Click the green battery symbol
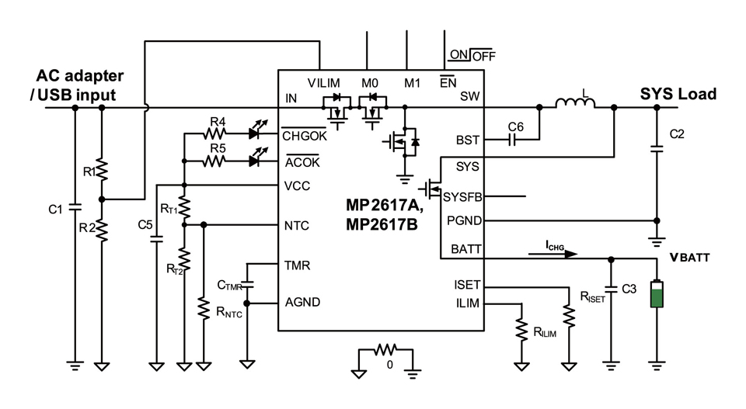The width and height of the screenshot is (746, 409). point(657,296)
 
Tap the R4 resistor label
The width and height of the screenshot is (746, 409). point(218,121)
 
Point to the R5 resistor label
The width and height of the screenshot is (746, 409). point(218,147)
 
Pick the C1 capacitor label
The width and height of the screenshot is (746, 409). point(55,209)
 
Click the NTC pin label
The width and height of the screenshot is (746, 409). point(297,226)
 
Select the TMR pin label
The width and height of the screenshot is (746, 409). point(298,265)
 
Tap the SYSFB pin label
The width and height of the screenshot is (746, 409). point(462,197)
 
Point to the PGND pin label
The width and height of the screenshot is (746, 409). point(464,221)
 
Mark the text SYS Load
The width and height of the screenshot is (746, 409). point(678,94)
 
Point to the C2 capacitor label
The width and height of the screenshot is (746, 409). point(677,133)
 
